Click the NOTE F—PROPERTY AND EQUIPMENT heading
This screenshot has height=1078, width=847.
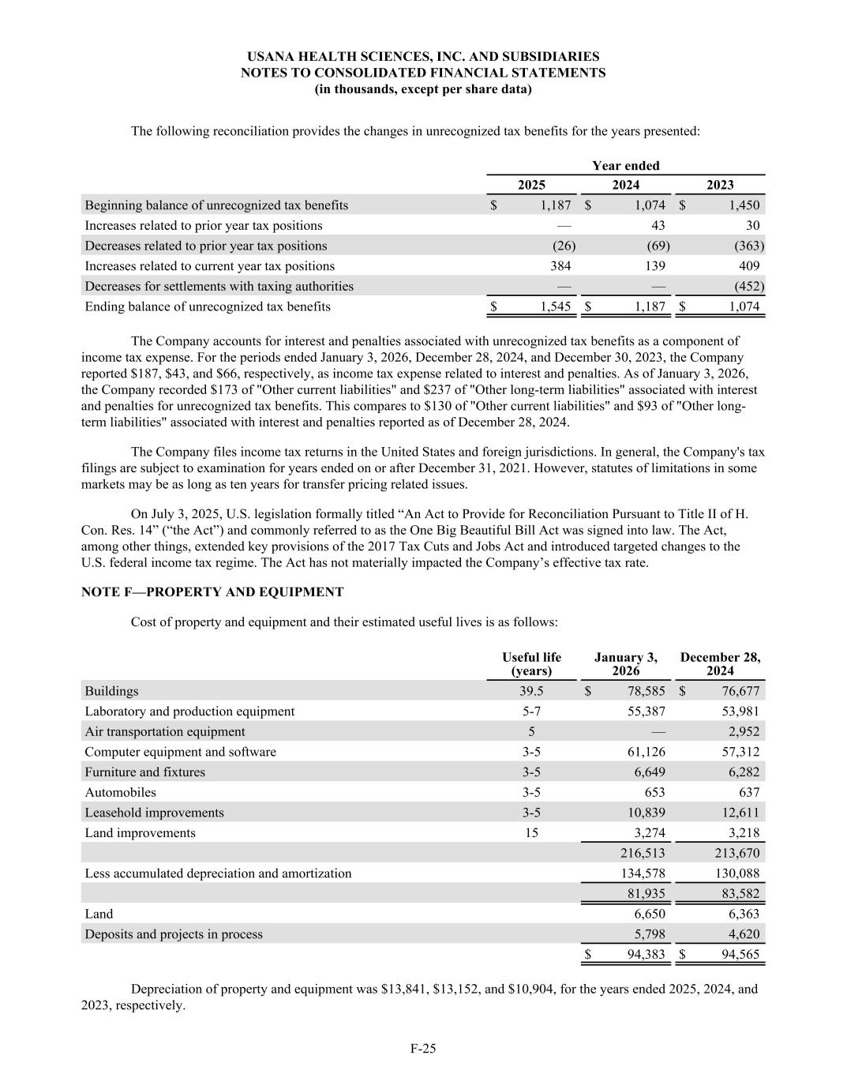tap(212, 592)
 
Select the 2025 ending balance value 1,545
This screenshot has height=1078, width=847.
tap(556, 306)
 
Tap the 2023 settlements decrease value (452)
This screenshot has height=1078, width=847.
tap(748, 286)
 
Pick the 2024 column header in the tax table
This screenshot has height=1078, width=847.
tap(625, 185)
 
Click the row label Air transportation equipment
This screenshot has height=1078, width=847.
tap(165, 731)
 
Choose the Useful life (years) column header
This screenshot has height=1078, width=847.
tap(531, 664)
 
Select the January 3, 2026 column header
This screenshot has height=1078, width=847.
tap(625, 664)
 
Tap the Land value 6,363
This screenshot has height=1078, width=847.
tap(740, 914)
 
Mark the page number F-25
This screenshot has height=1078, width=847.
tap(423, 1048)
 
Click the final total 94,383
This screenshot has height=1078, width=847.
tap(646, 954)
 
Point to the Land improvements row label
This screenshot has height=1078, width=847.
tap(140, 832)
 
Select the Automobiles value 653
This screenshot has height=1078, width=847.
tap(653, 792)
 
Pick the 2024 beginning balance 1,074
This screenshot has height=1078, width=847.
tap(650, 205)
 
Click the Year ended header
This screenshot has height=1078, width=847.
tap(625, 165)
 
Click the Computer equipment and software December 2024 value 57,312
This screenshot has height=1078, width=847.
tap(740, 752)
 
